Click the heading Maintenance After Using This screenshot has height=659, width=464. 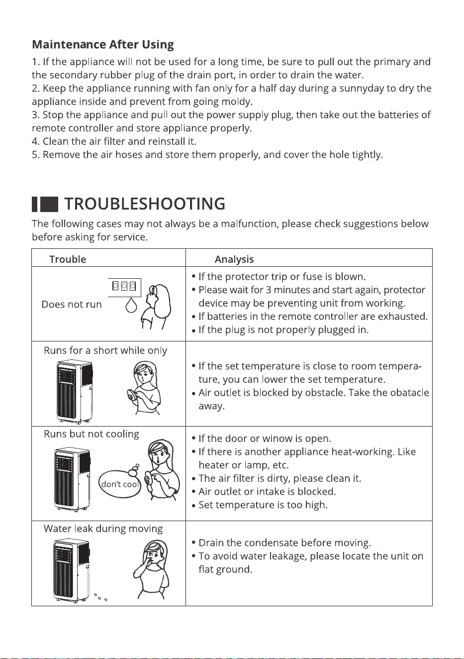(x=102, y=44)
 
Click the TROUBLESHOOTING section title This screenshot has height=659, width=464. (x=145, y=204)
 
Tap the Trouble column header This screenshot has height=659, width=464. (x=68, y=259)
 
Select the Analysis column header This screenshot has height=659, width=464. (x=234, y=259)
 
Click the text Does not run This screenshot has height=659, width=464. (x=72, y=304)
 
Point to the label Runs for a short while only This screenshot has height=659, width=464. (x=105, y=350)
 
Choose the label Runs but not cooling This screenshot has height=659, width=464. (x=91, y=434)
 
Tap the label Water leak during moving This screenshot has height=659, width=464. (x=103, y=529)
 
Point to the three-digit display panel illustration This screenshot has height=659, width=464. (x=124, y=287)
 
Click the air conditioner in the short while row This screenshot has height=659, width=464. (x=75, y=392)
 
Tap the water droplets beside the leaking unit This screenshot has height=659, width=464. (x=100, y=597)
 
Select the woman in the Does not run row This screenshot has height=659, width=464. (x=155, y=307)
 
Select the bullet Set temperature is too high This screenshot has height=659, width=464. (x=260, y=505)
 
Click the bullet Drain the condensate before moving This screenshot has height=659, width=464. (x=281, y=543)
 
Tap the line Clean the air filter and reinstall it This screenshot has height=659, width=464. (x=114, y=141)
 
